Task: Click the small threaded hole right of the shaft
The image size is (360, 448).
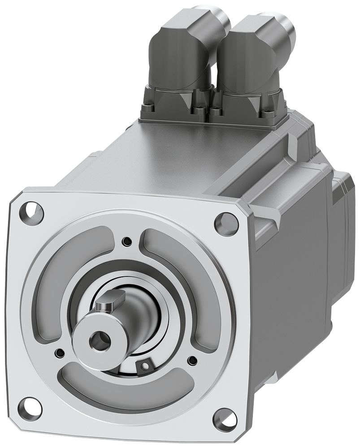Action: click(193, 359)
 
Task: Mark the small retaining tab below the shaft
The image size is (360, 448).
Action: click(144, 366)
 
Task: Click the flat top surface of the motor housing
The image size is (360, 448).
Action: click(179, 152)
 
